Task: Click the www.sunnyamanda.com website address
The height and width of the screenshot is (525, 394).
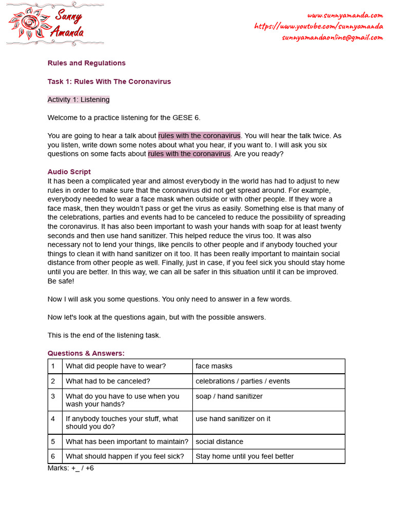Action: [x=345, y=15]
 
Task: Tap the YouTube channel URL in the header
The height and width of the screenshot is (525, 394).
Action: [x=318, y=26]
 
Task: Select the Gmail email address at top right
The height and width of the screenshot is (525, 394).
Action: [x=332, y=37]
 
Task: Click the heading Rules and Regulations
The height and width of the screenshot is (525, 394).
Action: [x=86, y=63]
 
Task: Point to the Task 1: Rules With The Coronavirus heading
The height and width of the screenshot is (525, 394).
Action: [x=109, y=82]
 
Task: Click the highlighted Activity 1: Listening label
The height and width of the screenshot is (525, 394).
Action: [x=78, y=99]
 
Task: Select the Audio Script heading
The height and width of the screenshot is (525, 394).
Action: [x=69, y=172]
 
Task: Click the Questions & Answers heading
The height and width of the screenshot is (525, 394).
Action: [x=86, y=353]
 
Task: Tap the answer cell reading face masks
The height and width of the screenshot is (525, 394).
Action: [x=214, y=366]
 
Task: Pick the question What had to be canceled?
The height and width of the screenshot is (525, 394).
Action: [x=108, y=381]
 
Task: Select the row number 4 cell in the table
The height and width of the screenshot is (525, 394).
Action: [x=53, y=419]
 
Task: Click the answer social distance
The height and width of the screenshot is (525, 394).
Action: [x=219, y=441]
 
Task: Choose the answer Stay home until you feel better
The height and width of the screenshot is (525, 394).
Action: [x=244, y=456]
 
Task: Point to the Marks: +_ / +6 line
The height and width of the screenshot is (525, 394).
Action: [x=70, y=468]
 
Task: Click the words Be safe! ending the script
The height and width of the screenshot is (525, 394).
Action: [x=61, y=281]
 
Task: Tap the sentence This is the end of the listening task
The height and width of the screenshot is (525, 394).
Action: [x=104, y=335]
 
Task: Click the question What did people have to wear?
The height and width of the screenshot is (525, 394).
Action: [x=115, y=366]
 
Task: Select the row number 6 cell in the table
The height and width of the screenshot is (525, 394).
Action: [x=53, y=456]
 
